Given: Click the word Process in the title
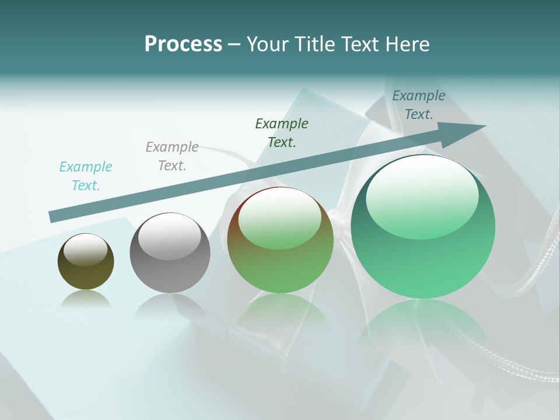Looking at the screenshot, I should (x=183, y=44).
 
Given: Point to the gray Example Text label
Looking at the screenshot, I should (x=172, y=156).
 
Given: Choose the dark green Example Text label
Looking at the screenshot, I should (x=282, y=133).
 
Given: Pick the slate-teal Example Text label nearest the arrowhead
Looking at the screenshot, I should (x=418, y=105).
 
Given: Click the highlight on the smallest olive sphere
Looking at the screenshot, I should (x=86, y=250).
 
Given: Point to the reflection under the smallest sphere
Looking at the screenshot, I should (x=86, y=300).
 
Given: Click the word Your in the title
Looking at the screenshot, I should (x=266, y=44).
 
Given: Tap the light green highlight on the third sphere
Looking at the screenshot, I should (x=280, y=217).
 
